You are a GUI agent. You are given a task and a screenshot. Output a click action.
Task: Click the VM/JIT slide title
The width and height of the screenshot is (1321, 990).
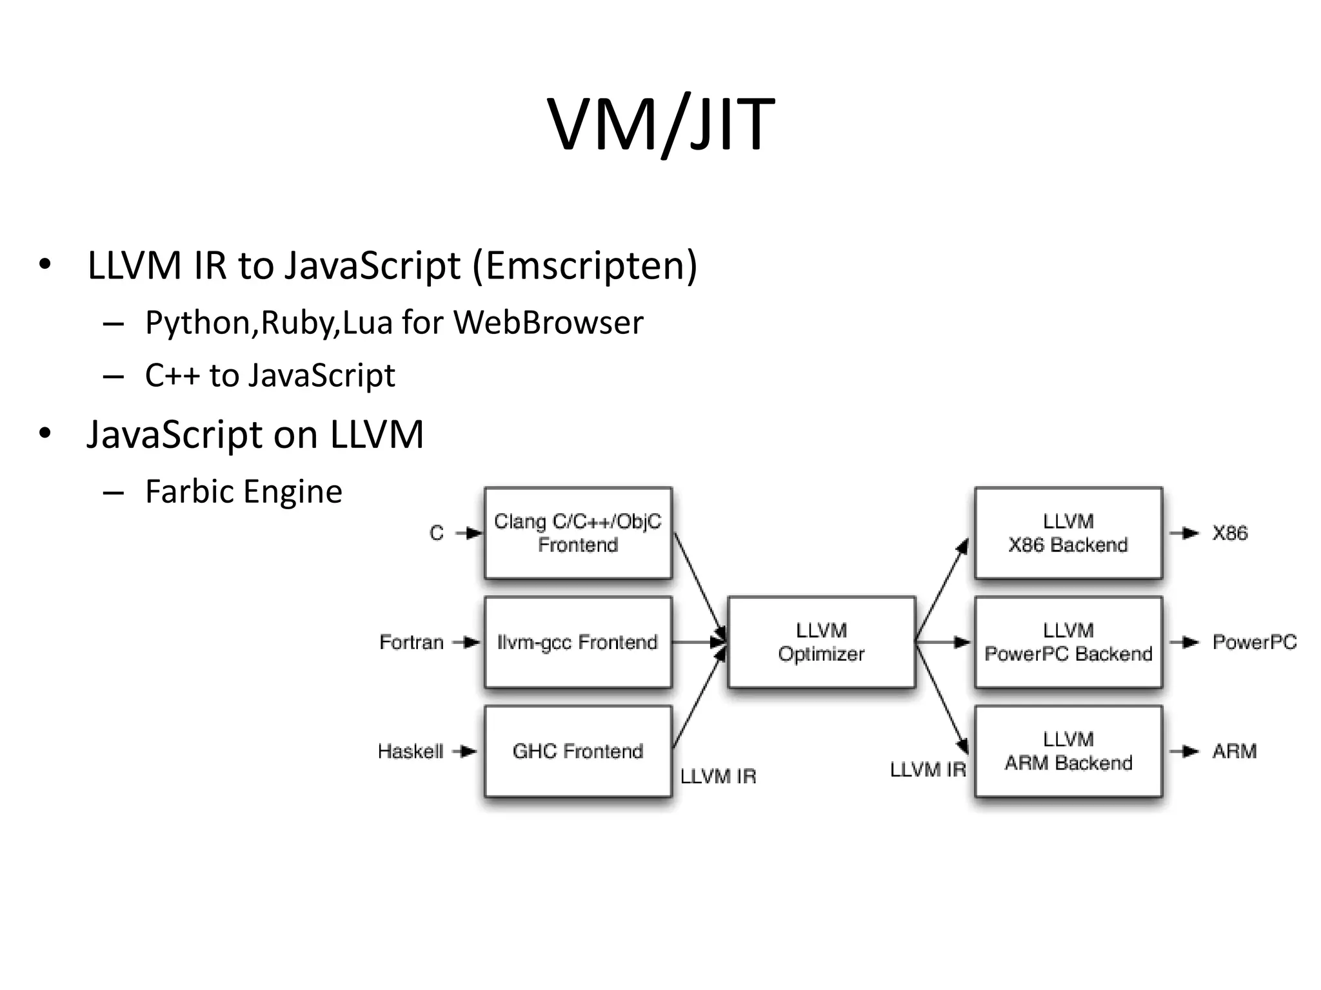click(660, 124)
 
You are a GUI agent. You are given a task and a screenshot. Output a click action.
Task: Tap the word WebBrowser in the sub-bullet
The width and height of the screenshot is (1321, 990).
click(548, 322)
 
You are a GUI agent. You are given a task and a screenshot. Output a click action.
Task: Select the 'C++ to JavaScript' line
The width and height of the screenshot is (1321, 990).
click(270, 375)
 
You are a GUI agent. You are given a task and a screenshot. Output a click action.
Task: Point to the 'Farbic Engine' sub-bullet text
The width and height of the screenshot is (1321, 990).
click(243, 492)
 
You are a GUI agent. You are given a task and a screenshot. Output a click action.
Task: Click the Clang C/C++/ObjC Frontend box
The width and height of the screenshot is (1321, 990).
click(578, 533)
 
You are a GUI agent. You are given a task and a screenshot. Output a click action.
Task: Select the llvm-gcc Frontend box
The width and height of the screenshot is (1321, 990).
click(578, 642)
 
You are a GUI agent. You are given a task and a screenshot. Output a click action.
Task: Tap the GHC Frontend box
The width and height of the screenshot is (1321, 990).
click(578, 751)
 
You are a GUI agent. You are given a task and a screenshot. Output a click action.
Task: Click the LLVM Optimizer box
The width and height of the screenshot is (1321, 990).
click(821, 642)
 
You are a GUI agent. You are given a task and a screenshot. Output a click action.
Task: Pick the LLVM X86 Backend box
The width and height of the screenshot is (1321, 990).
click(1068, 533)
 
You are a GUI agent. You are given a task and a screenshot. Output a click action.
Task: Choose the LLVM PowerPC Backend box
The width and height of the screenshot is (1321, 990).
click(1068, 642)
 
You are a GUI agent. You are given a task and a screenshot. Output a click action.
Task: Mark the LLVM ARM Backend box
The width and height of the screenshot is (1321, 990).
click(1068, 751)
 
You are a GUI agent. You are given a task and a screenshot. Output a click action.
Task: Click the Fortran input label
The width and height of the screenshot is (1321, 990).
click(412, 643)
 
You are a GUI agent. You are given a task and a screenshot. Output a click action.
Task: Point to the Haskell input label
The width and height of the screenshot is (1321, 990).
click(410, 752)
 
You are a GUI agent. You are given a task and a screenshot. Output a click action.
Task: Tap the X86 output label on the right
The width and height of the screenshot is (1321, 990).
click(1229, 533)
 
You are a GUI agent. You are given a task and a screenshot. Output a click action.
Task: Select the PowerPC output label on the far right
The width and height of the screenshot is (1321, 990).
click(1254, 642)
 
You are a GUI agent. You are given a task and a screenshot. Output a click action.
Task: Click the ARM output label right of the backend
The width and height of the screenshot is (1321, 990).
click(1234, 752)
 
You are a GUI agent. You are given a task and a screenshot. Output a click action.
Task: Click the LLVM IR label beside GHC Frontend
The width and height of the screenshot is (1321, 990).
click(718, 777)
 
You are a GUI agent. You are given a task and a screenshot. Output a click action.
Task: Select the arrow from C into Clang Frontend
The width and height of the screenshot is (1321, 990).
click(469, 533)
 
